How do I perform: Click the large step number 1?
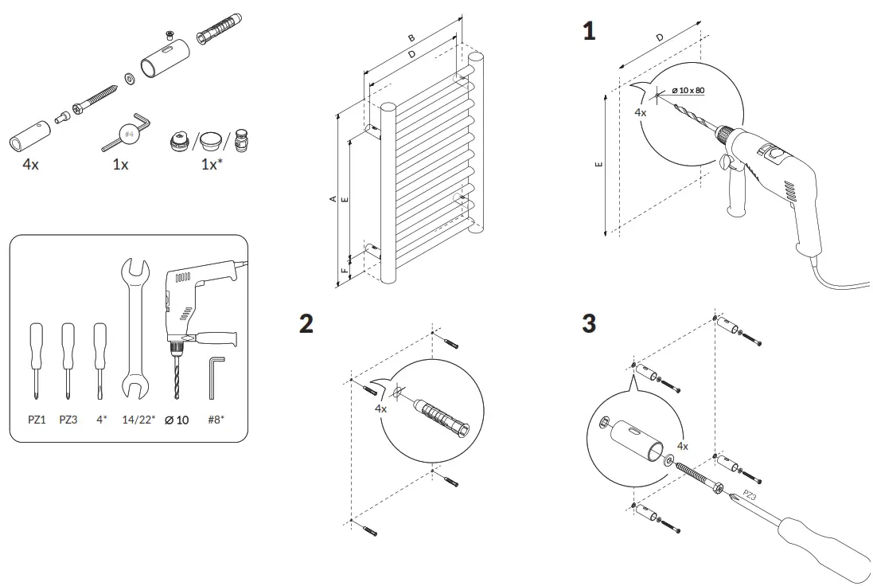[589, 32]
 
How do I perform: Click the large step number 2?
[306, 324]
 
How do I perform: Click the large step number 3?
[589, 324]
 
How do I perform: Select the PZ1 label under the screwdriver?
[37, 418]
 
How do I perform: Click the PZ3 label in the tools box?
[68, 418]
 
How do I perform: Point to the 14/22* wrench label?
[137, 418]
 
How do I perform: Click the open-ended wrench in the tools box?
[135, 326]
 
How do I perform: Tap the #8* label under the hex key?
[216, 418]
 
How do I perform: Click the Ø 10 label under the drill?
[177, 418]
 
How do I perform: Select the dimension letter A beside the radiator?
[333, 199]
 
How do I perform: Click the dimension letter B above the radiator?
[411, 37]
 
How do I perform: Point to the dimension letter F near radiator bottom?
[343, 271]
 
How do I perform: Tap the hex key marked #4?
[127, 134]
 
